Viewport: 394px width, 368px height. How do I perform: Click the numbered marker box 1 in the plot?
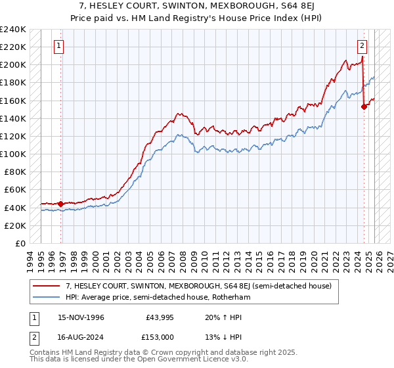click(60, 46)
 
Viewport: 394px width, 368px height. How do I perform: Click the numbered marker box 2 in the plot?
click(362, 46)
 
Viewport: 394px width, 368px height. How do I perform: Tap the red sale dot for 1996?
click(60, 204)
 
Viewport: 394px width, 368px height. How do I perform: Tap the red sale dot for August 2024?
click(364, 107)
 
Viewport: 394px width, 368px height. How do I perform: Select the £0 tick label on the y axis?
click(21, 243)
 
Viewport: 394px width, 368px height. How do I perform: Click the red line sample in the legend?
click(47, 286)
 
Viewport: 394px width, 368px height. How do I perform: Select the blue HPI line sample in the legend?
click(47, 298)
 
